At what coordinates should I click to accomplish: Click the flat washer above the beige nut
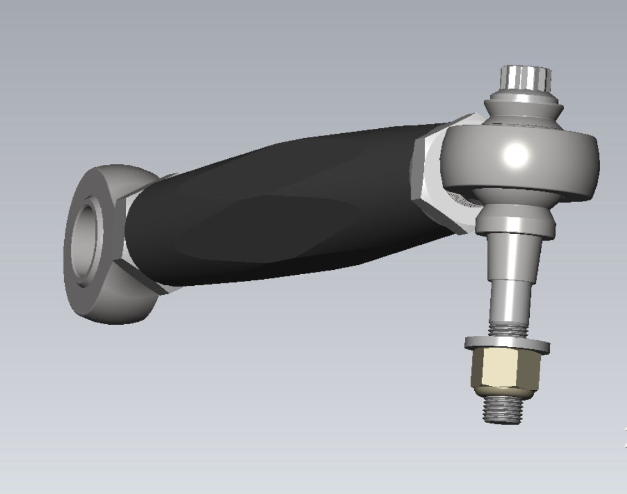(x=507, y=345)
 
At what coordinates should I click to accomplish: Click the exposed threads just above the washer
(x=507, y=329)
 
